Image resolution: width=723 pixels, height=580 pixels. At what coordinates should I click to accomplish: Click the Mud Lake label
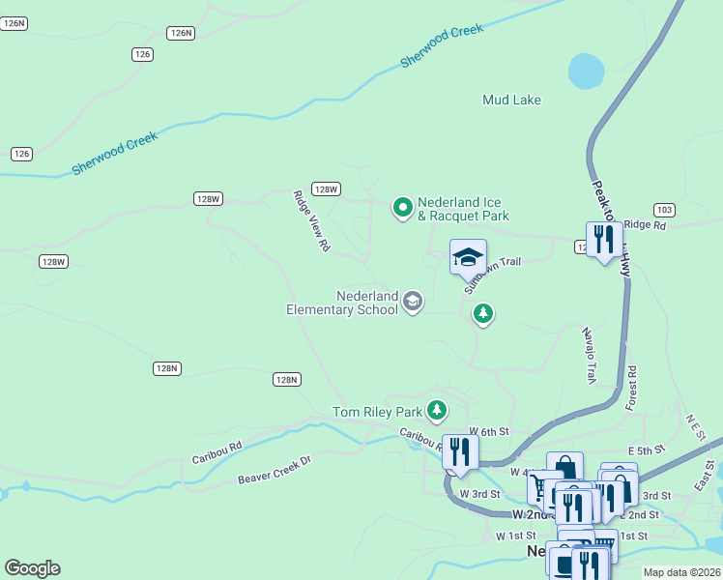511,100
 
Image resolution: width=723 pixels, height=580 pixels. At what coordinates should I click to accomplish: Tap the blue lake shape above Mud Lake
586,70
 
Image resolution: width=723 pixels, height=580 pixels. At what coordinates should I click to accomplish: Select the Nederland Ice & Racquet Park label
463,209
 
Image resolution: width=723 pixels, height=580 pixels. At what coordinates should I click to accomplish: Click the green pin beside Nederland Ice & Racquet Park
402,207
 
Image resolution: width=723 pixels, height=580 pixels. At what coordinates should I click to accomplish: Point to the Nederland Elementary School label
342,303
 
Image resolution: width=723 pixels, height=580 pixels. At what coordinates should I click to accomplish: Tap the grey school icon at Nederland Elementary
413,302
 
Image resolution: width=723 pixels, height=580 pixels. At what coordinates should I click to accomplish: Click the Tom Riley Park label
379,412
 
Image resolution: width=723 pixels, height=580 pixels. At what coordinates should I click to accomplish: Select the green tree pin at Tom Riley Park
438,412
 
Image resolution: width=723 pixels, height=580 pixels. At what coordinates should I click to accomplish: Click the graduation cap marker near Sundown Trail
468,257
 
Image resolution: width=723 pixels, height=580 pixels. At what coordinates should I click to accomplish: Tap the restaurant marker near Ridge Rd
604,239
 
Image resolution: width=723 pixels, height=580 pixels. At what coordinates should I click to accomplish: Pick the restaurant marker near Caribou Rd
459,451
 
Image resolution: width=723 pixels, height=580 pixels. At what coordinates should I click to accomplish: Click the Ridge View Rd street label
312,221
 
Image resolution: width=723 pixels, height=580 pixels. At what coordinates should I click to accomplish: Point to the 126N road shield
180,33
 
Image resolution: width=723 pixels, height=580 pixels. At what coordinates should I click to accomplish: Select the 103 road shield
664,210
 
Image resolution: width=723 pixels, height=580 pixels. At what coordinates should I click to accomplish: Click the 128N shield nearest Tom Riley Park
286,380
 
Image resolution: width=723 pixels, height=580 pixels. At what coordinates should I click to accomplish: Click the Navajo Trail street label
592,354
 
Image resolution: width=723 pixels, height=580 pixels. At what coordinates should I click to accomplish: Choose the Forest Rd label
631,388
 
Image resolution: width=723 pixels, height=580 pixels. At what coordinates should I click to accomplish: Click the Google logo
32,568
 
